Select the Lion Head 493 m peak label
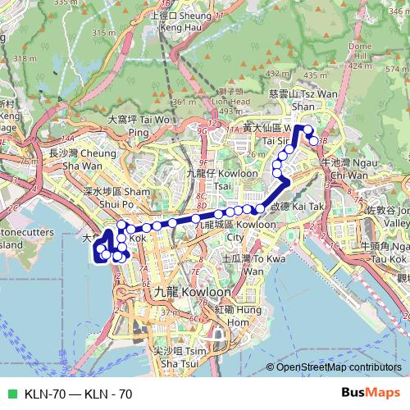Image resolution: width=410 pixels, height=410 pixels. point(230,102)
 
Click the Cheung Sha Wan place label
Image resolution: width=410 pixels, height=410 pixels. point(72,158)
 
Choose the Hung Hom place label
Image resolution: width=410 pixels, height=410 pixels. point(230,316)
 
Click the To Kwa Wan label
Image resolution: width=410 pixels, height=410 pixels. point(243,265)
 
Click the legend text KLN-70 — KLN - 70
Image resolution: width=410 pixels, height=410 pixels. point(79,394)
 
